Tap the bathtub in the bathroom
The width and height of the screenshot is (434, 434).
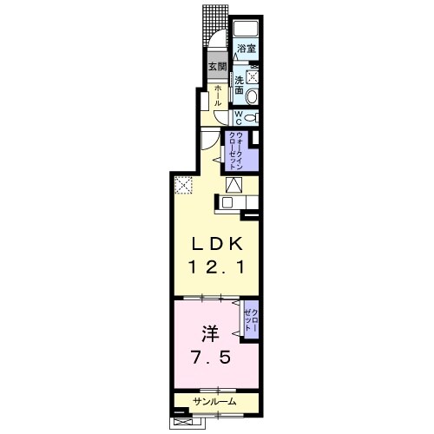click(x=246, y=28)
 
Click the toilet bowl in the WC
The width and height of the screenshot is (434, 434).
click(x=251, y=117)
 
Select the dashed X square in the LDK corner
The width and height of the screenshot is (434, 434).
click(x=183, y=184)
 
